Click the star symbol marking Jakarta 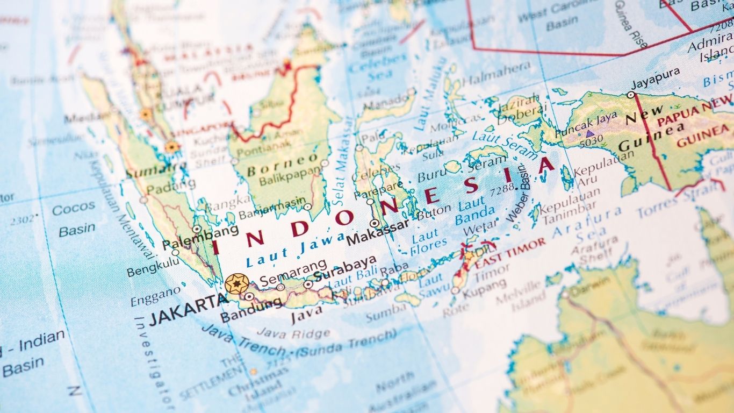236,283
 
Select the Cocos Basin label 75,219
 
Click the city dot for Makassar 375,223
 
